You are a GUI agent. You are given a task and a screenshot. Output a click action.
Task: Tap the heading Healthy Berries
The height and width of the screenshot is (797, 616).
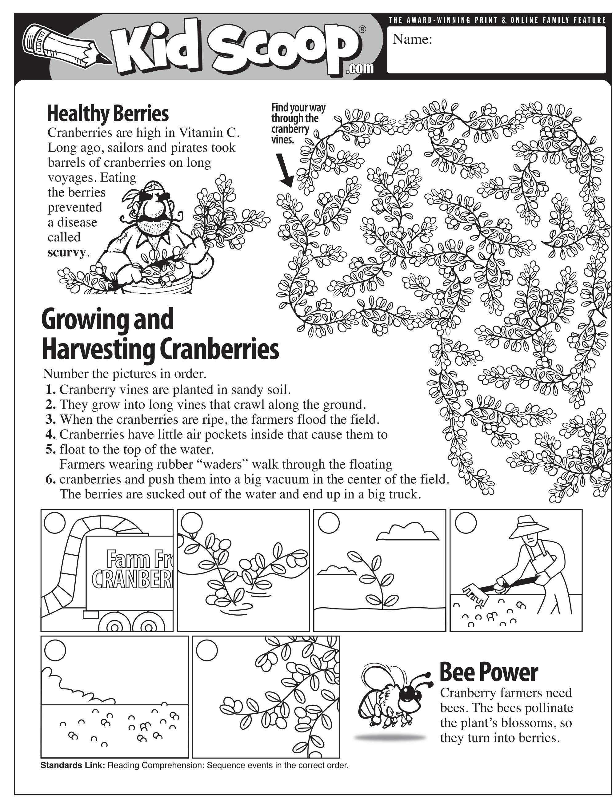point(108,113)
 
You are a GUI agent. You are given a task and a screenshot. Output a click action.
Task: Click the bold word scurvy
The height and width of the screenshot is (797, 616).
point(66,252)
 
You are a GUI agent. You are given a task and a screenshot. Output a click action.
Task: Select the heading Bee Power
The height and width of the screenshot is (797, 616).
point(489,672)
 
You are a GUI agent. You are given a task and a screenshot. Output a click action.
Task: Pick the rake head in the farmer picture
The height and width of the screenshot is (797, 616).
point(475,596)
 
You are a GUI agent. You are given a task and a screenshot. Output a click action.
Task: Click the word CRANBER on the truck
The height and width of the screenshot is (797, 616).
point(131,578)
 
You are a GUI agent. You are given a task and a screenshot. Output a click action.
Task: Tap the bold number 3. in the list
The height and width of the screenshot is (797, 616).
point(51,419)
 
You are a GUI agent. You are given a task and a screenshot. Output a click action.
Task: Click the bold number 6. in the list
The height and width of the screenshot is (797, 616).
point(51,479)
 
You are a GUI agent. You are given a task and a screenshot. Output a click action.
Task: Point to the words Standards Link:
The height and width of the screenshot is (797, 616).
point(73,765)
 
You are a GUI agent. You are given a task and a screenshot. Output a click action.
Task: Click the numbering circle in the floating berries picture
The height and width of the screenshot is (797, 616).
point(55,650)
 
